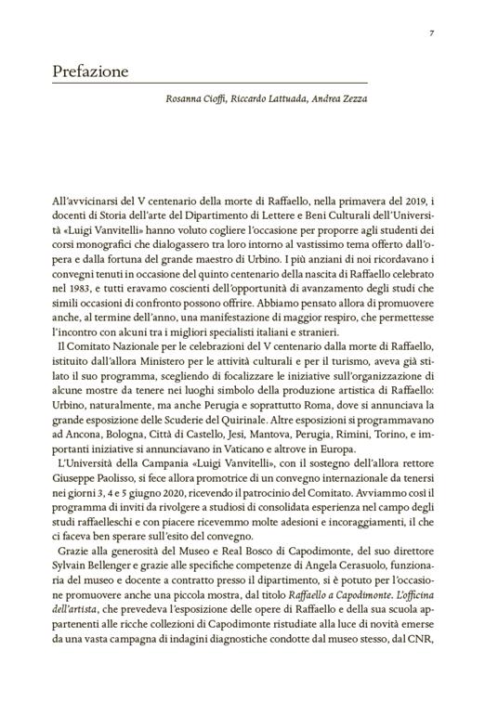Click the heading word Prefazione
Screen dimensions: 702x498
pyautogui.click(x=91, y=71)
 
